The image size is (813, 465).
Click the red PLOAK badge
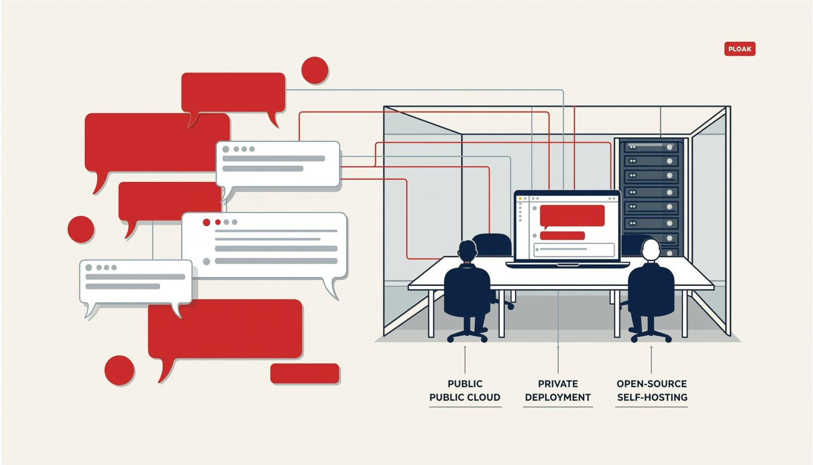point(740,49)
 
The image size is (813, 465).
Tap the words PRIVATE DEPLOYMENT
point(558,391)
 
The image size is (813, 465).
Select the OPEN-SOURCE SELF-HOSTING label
point(652,391)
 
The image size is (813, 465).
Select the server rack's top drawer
point(651,147)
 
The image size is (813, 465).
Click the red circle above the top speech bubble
point(315,70)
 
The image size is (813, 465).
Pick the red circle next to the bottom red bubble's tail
point(119,370)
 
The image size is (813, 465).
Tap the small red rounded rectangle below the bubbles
point(305,374)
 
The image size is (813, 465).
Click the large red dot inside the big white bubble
point(206,222)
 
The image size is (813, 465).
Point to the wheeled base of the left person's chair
point(467,335)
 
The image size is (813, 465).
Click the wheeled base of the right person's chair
point(651,335)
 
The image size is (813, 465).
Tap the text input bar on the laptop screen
point(574,250)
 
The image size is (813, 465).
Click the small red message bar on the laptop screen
point(562,236)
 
